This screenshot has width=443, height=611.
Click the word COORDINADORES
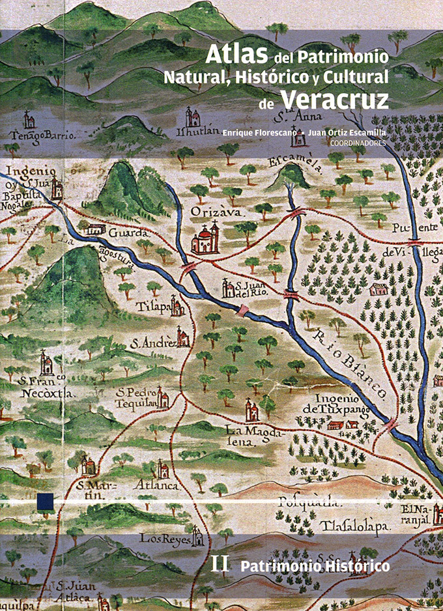pos(358,143)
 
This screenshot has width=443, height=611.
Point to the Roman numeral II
pos(220,565)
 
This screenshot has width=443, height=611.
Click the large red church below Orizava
pos(205,239)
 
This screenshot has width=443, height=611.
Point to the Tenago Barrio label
pos(43,136)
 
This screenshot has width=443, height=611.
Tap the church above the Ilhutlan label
pos(193,117)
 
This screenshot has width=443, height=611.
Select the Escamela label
pos(296,163)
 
